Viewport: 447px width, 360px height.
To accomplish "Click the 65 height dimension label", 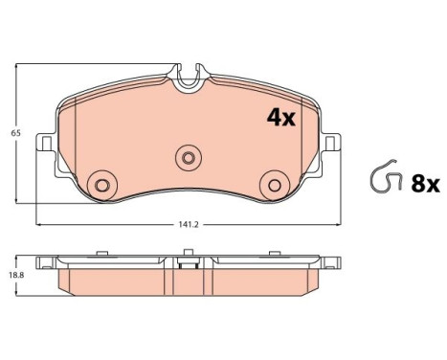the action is [x=15, y=133].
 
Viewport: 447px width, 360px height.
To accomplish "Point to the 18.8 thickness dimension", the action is [x=16, y=275].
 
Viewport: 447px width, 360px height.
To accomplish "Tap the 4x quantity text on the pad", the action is [x=281, y=118].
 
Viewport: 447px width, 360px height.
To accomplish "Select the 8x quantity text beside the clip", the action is [x=426, y=184].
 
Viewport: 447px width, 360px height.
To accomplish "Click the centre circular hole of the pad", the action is [x=189, y=158].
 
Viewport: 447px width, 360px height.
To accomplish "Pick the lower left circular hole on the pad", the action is [x=102, y=185].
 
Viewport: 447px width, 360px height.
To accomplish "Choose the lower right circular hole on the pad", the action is [x=275, y=185].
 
